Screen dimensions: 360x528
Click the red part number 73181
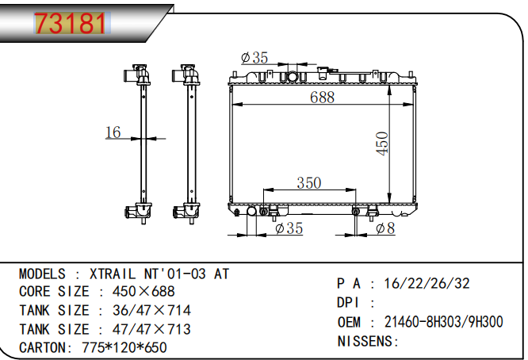click(x=70, y=24)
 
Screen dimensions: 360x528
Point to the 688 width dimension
click(x=322, y=97)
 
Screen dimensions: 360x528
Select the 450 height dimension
click(x=382, y=144)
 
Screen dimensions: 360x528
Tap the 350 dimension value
click(x=308, y=183)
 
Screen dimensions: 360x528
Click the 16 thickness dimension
click(x=113, y=132)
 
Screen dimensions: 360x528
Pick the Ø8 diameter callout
click(x=385, y=228)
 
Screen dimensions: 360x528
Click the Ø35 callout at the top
click(x=254, y=57)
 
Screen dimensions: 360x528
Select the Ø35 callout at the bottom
click(x=289, y=228)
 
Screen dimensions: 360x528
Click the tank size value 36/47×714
click(x=151, y=310)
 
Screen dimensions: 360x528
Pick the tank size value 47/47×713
click(x=151, y=328)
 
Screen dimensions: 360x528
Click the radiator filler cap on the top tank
click(x=293, y=77)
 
